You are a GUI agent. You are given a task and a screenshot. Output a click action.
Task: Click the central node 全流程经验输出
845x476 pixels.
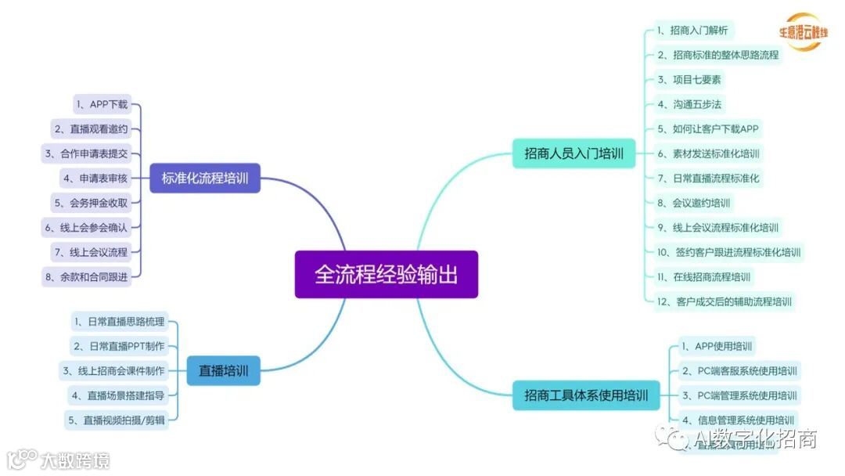pyautogui.click(x=386, y=274)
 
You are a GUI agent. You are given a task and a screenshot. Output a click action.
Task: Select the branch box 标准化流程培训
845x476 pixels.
pyautogui.click(x=204, y=178)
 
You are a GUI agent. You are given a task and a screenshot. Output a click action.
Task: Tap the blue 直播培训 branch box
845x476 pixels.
pyautogui.click(x=223, y=370)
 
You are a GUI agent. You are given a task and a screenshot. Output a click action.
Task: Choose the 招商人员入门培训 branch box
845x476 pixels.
pyautogui.click(x=574, y=153)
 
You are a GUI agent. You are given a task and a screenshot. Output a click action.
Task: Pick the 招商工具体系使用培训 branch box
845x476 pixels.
pyautogui.click(x=585, y=395)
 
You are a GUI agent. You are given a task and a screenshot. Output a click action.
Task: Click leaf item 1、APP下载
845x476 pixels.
pyautogui.click(x=101, y=104)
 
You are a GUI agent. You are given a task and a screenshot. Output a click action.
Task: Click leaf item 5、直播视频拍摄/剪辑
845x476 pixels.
pyautogui.click(x=117, y=420)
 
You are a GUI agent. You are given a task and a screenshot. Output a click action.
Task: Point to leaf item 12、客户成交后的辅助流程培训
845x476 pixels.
pyautogui.click(x=725, y=301)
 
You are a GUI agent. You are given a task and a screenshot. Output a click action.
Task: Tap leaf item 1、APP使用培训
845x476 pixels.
pyautogui.click(x=717, y=346)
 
